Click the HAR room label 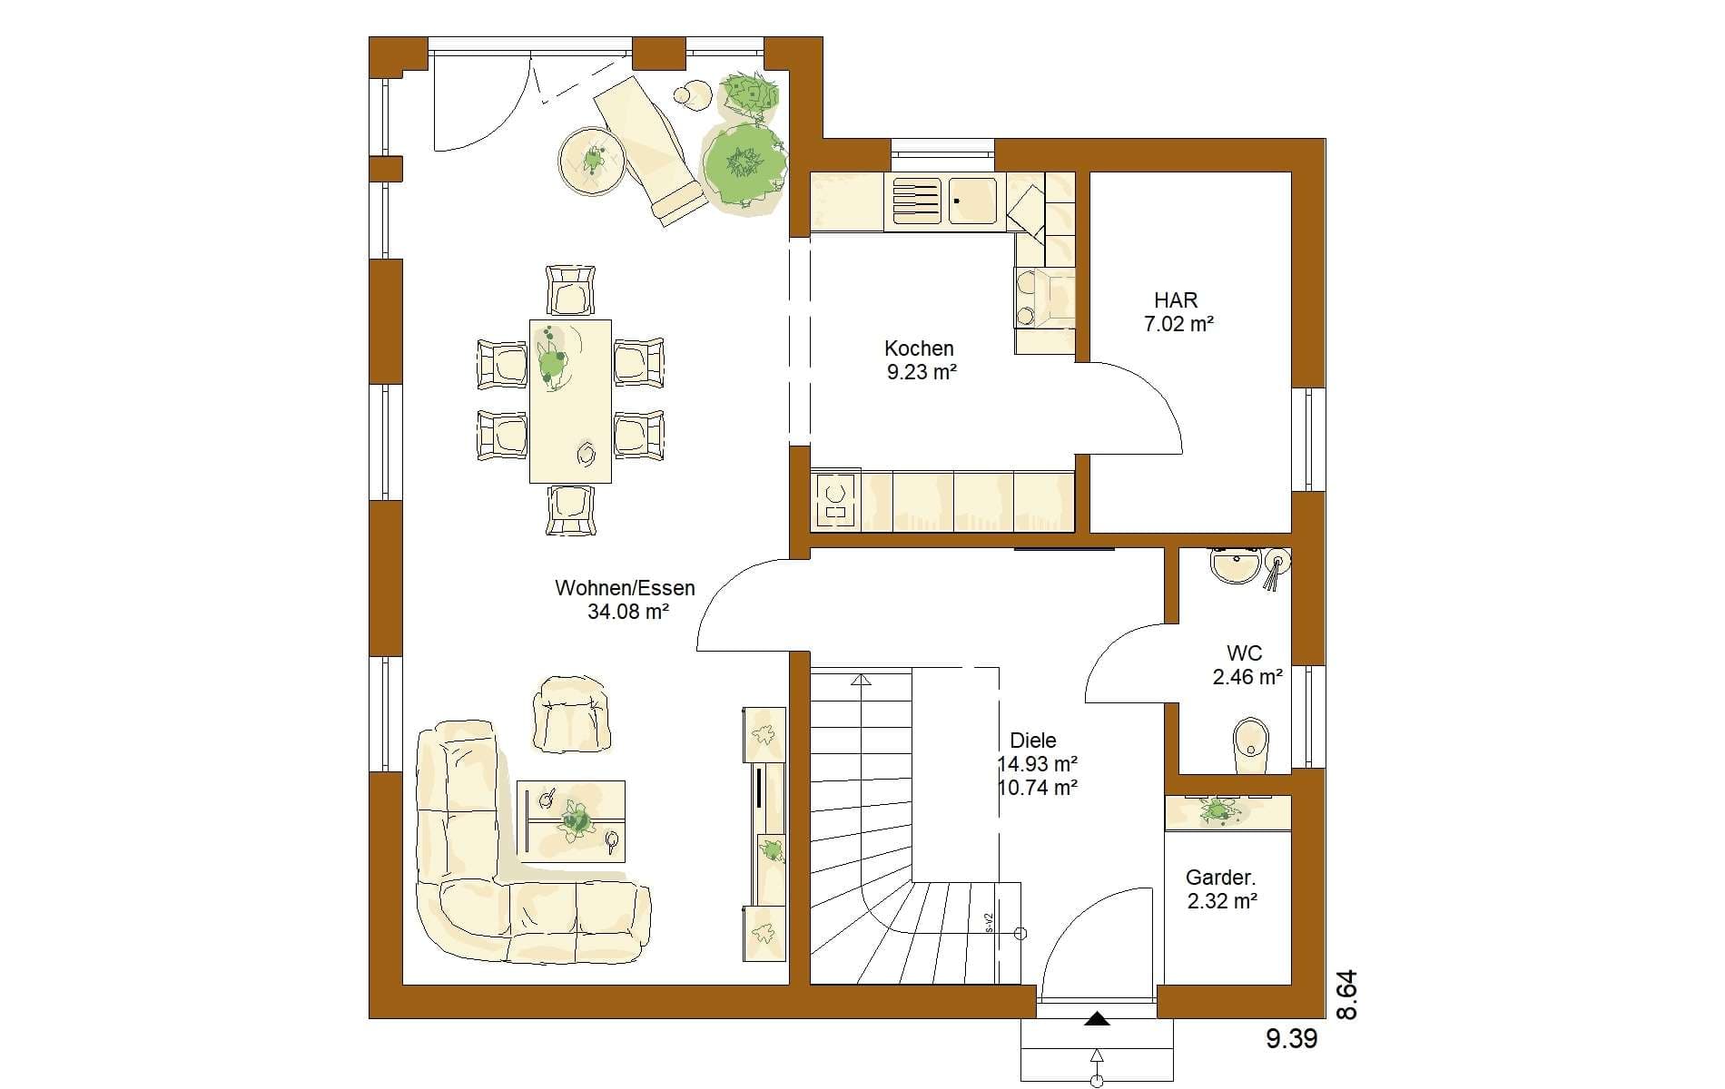click(x=1176, y=299)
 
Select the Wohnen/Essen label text click(x=625, y=588)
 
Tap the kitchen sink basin click(x=973, y=201)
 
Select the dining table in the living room click(x=570, y=400)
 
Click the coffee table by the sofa click(x=571, y=820)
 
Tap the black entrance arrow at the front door click(x=1097, y=1020)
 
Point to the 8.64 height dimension click(x=1347, y=995)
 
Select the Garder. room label click(x=1220, y=878)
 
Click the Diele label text click(x=1033, y=741)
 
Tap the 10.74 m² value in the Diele click(x=1038, y=788)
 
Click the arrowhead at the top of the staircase click(x=861, y=679)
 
